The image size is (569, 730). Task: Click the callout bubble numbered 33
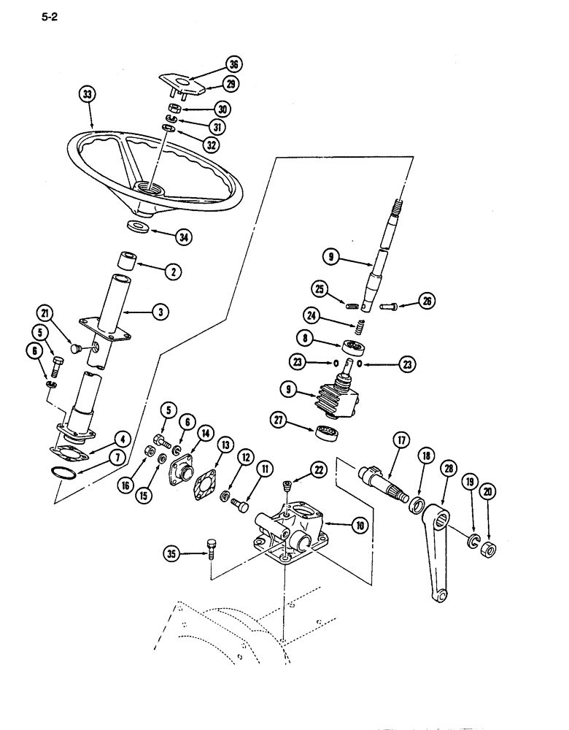click(88, 93)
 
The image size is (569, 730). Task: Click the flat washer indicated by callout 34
click(139, 227)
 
